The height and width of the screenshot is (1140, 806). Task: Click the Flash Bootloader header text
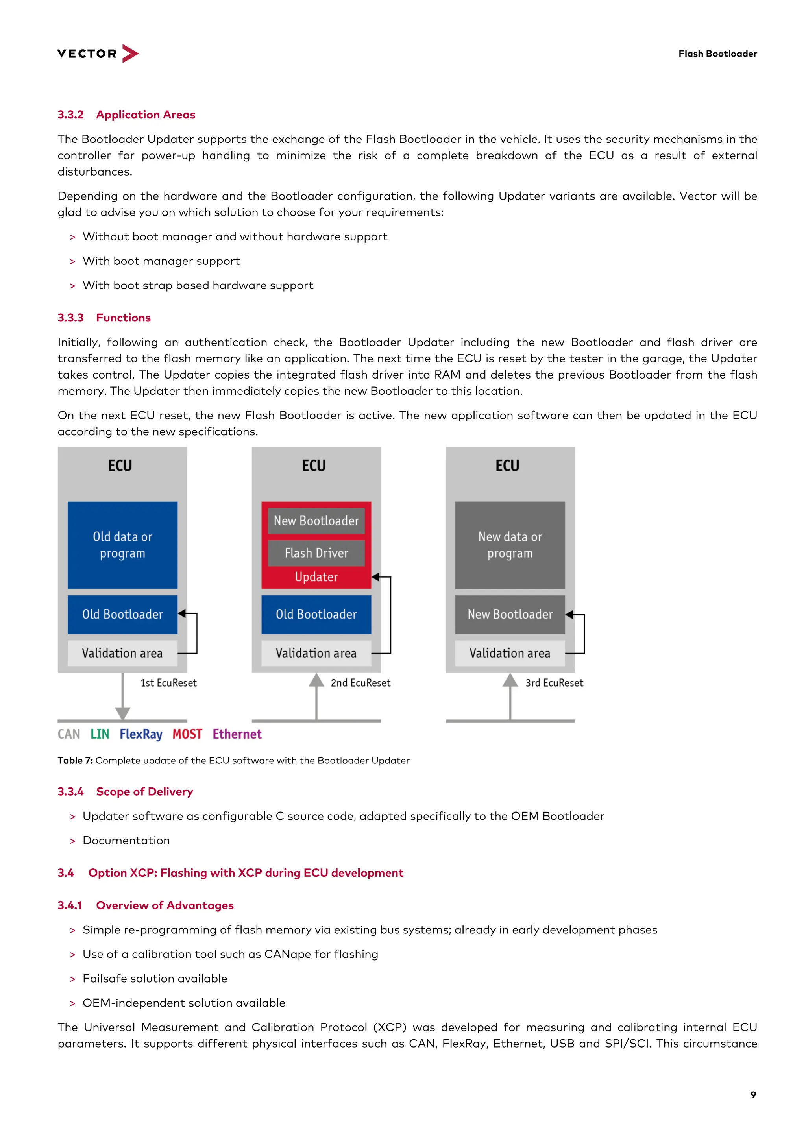coord(717,54)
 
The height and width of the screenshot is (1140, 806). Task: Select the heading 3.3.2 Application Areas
coord(126,115)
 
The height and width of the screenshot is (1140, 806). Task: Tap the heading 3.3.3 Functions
coord(104,318)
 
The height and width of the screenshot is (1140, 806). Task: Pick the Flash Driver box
coord(316,553)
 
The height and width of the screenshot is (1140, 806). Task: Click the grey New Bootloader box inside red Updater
coord(316,521)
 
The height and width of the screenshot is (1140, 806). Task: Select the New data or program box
coord(510,545)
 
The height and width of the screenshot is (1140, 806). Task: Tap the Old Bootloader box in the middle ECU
coord(316,614)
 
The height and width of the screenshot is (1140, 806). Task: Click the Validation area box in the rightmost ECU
coord(510,653)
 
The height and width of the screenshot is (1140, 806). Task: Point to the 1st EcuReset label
coord(168,683)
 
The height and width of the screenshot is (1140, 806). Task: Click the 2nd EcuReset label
coord(360,683)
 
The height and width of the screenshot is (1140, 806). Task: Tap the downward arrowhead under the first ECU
coord(123,713)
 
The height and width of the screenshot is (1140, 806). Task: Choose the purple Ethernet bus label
coord(237,734)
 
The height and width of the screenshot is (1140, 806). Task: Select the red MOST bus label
coord(187,734)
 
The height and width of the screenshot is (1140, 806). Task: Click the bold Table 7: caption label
coord(75,760)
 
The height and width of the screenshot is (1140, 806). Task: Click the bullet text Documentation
coord(126,841)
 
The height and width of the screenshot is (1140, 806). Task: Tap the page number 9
coord(753,1095)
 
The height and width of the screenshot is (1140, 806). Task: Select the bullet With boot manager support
coord(161,261)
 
